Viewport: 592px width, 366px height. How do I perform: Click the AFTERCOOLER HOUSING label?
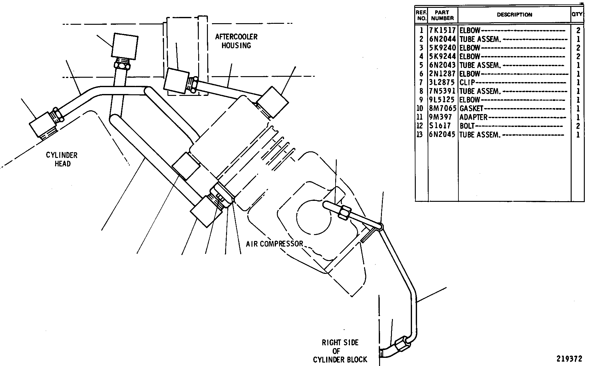[x=236, y=41]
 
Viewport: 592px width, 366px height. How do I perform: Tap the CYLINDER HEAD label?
[x=62, y=159]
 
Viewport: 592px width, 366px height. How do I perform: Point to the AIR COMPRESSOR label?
[x=275, y=244]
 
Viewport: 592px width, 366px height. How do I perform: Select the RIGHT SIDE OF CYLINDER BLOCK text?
[x=340, y=351]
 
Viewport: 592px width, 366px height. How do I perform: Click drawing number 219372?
[x=569, y=358]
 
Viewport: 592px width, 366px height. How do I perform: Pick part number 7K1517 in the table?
[x=442, y=30]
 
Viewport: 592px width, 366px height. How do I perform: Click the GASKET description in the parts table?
[x=471, y=109]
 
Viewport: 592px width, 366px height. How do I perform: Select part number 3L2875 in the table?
[x=442, y=83]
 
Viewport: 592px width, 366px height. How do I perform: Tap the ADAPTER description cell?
[x=473, y=118]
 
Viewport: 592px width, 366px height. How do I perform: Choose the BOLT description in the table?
[x=467, y=126]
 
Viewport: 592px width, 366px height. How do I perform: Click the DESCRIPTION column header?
[x=515, y=15]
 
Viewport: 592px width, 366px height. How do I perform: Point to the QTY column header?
[x=577, y=14]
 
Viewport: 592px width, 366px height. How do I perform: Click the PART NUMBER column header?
[x=442, y=15]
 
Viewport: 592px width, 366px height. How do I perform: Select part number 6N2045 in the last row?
[x=442, y=135]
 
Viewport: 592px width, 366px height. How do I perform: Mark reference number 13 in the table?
[x=420, y=135]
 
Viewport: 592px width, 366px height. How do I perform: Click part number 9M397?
[x=441, y=118]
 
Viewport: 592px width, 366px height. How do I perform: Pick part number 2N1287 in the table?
[x=442, y=74]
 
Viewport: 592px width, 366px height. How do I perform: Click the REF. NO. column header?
[x=421, y=15]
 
